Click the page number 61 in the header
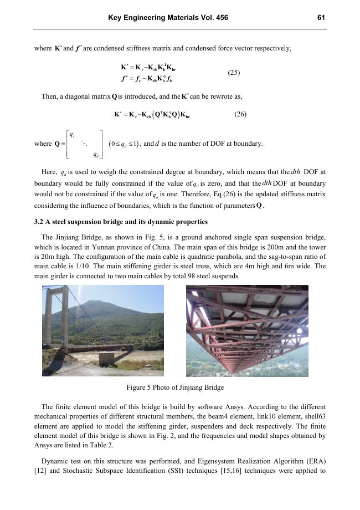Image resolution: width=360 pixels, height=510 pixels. click(321, 18)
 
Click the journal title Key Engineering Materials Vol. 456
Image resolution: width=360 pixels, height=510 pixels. click(167, 18)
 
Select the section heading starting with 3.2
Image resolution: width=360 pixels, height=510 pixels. click(121, 222)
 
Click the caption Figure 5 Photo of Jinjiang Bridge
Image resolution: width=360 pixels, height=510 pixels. click(175, 386)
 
